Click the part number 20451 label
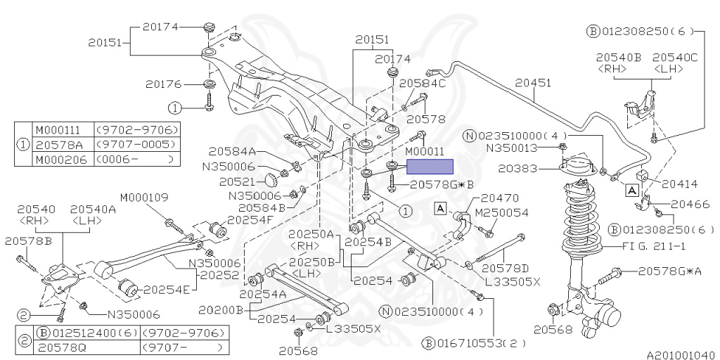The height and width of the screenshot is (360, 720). [533, 83]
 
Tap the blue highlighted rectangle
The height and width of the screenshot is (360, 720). [430, 166]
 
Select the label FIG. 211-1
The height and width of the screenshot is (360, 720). [655, 247]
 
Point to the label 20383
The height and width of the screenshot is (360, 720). [518, 169]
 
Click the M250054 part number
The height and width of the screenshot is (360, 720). [501, 212]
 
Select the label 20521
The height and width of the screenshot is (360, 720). [237, 182]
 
